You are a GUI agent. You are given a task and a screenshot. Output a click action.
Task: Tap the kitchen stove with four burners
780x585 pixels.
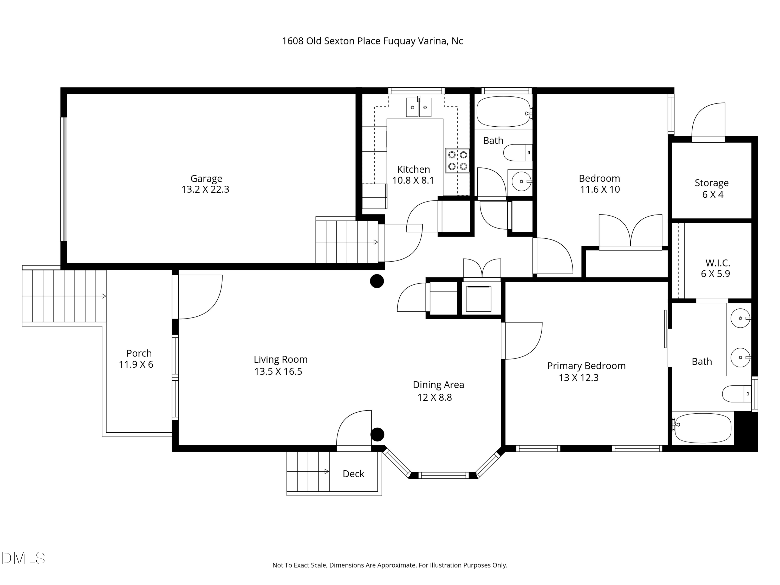pyautogui.click(x=457, y=160)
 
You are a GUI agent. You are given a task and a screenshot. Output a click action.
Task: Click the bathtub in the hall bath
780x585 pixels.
pyautogui.click(x=504, y=112)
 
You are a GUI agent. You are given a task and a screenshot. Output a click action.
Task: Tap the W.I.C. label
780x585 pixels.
pyautogui.click(x=717, y=263)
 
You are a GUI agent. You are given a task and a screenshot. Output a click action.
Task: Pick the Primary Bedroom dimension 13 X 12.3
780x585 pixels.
pyautogui.click(x=579, y=378)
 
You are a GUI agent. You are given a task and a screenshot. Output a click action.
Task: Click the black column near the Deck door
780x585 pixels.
pyautogui.click(x=377, y=434)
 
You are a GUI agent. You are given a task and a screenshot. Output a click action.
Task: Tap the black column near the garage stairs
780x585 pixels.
pyautogui.click(x=376, y=281)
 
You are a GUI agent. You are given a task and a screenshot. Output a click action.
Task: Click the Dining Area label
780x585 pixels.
pyautogui.click(x=438, y=385)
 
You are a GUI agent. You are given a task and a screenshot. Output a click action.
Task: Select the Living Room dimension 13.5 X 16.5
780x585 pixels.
pyautogui.click(x=278, y=372)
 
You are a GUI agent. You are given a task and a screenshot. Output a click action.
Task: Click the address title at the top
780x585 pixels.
pyautogui.click(x=372, y=41)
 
